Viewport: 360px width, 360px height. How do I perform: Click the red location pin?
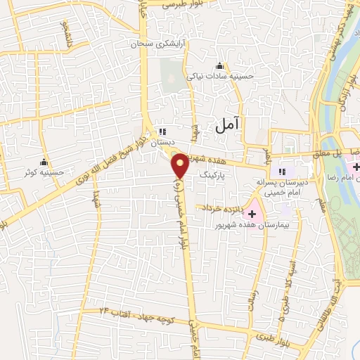[x=181, y=166]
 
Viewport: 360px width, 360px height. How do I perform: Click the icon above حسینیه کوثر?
[x=44, y=162]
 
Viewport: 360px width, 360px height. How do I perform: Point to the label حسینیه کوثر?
[x=44, y=172]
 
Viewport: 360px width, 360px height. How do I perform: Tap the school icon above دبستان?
[x=162, y=131]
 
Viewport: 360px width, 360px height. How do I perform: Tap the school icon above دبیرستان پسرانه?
[x=282, y=172]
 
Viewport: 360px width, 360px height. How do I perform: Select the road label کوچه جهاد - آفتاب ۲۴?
[x=139, y=311]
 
